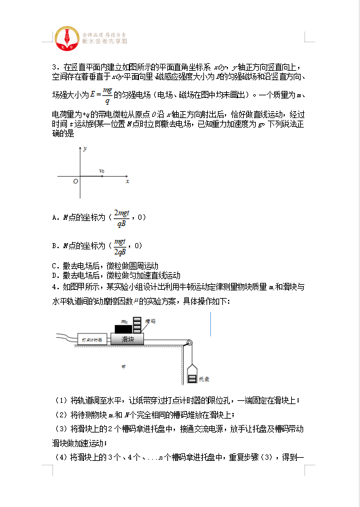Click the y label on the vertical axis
pos(84,147)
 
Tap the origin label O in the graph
pos(75,181)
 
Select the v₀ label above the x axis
pos(102,171)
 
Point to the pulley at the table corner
pos(187,343)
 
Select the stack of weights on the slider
pos(136,326)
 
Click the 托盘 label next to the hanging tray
pos(203,379)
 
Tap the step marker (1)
pos(61,400)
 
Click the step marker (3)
pos(61,429)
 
